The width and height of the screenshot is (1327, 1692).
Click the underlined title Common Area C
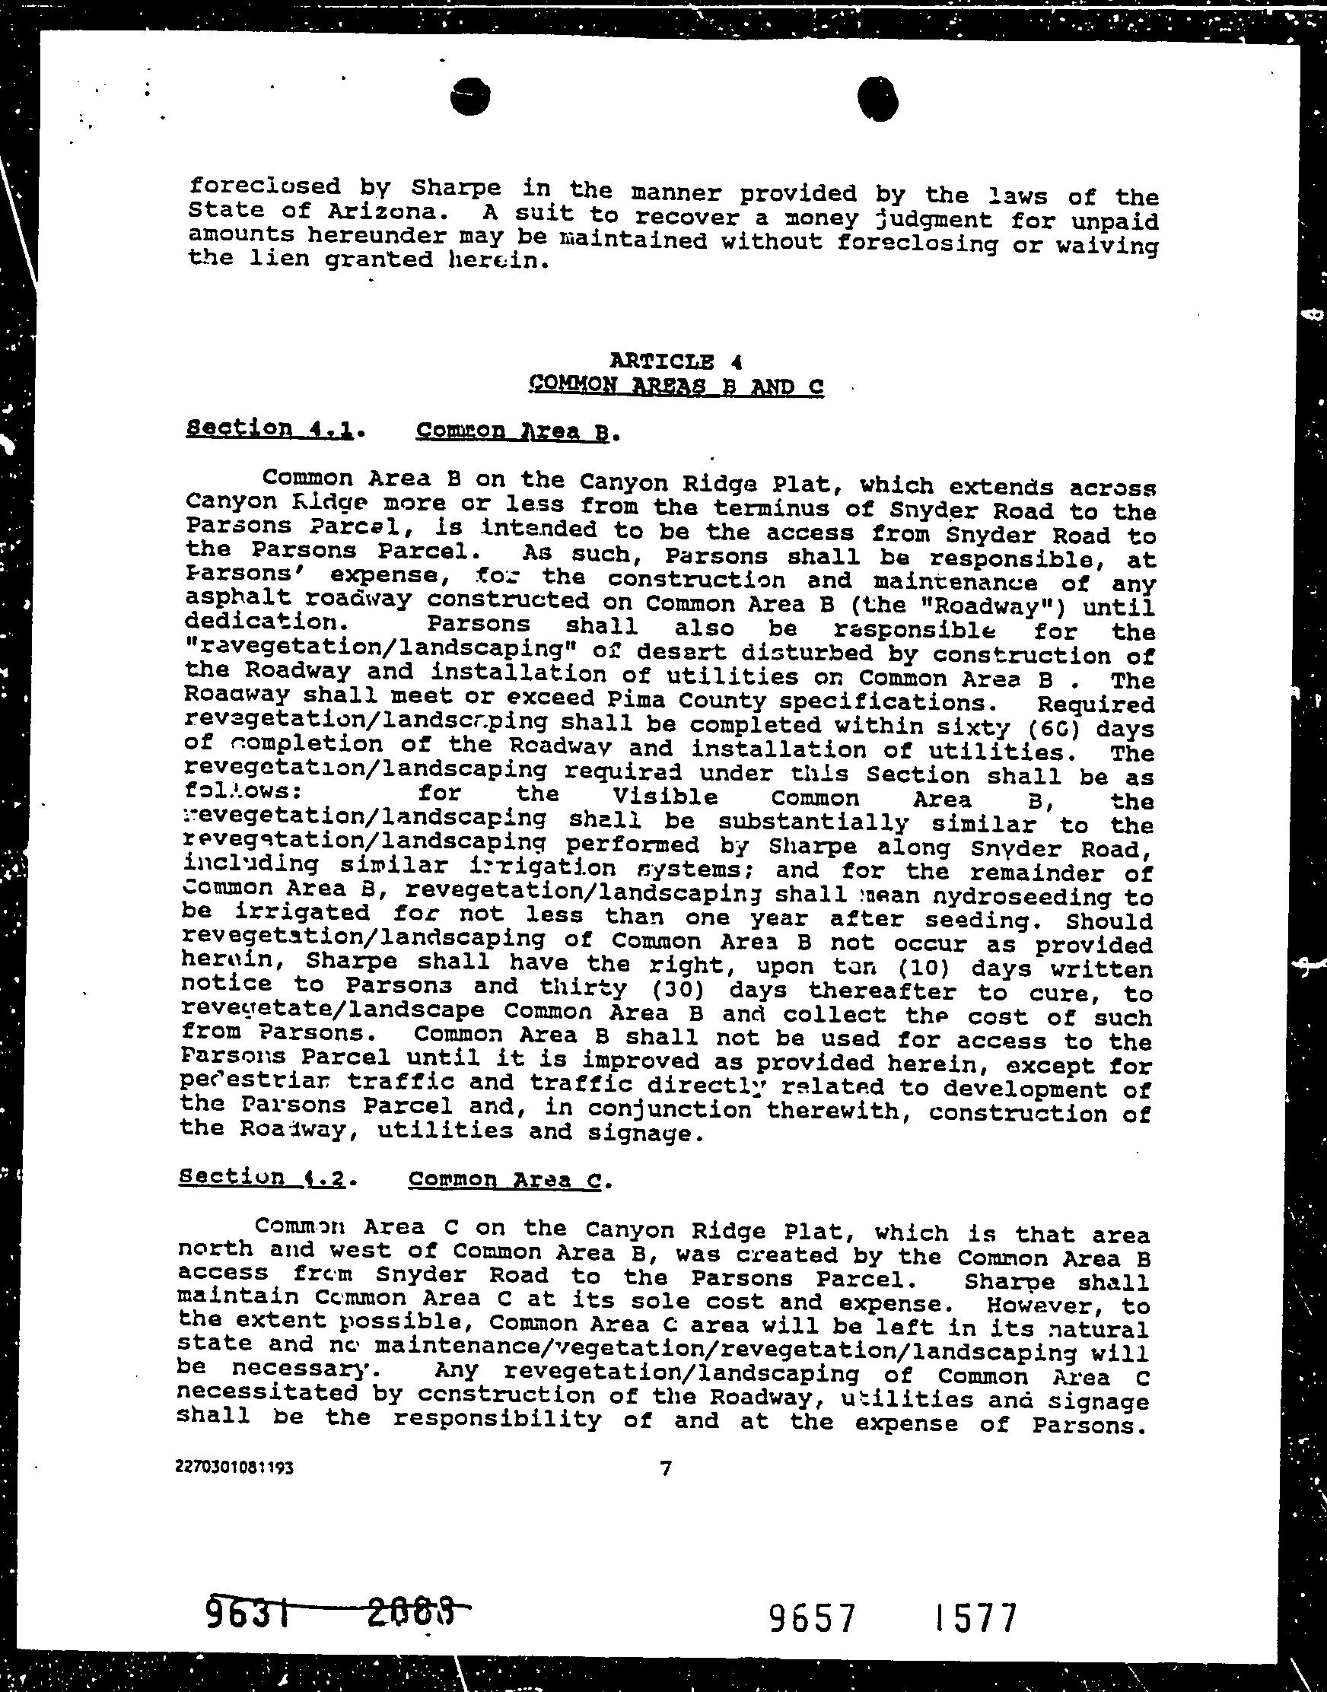(x=505, y=1180)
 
